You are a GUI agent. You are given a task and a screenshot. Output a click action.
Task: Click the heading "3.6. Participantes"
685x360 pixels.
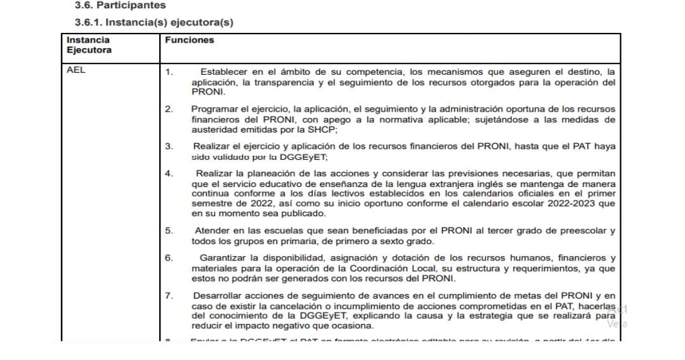[x=120, y=6]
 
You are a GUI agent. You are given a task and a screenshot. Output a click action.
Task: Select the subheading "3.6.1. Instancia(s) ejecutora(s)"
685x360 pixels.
[x=154, y=23]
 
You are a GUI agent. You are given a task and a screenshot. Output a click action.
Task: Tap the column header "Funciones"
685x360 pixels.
[x=189, y=40]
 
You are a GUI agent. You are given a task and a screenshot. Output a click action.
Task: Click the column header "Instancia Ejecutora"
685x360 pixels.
[x=89, y=45]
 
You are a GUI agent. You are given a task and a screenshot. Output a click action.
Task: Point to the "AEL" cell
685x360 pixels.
[x=75, y=70]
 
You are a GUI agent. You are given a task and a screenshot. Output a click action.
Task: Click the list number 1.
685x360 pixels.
[x=168, y=72]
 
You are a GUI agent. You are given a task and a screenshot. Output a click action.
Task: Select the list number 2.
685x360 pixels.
[x=168, y=109]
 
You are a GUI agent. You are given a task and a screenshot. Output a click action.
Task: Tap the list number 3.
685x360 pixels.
[x=168, y=146]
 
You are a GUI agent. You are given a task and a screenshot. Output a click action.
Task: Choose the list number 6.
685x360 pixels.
[x=168, y=258]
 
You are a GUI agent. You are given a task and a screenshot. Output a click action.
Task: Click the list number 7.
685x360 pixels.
[x=168, y=296]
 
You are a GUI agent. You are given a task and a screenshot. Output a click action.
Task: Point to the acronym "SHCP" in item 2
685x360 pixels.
[x=321, y=129]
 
